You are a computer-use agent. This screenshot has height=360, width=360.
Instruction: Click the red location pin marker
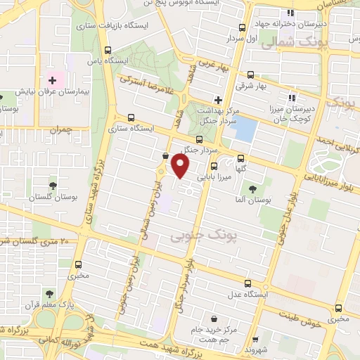[x=181, y=167]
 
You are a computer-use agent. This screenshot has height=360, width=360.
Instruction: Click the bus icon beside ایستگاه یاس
[x=108, y=51]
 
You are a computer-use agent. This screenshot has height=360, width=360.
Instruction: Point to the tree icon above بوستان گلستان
[x=53, y=186]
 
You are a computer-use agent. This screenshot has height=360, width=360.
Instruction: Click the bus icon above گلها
[x=241, y=158]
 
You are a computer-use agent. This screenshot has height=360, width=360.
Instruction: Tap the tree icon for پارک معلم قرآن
[x=49, y=294]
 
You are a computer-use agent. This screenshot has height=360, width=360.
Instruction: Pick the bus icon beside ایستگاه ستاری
[x=130, y=118]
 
